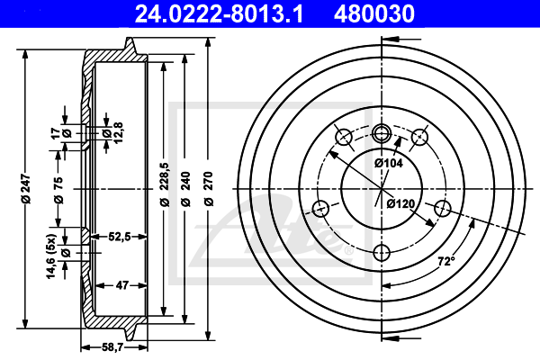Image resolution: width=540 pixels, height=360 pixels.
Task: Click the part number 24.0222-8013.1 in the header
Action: point(219,14)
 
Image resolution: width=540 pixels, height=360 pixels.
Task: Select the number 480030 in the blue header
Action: point(374,14)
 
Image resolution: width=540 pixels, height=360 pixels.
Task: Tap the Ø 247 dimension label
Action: point(26,189)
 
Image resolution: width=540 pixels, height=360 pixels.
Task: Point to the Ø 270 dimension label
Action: point(209,189)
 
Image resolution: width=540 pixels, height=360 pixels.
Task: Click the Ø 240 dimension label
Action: point(185,189)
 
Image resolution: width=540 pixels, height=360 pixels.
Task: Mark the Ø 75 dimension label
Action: point(58,190)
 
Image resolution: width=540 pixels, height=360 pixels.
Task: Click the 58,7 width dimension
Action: point(113,347)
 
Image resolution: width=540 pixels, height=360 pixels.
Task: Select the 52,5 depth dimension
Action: point(120,237)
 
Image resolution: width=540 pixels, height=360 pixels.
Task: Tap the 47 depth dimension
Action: point(122,285)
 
